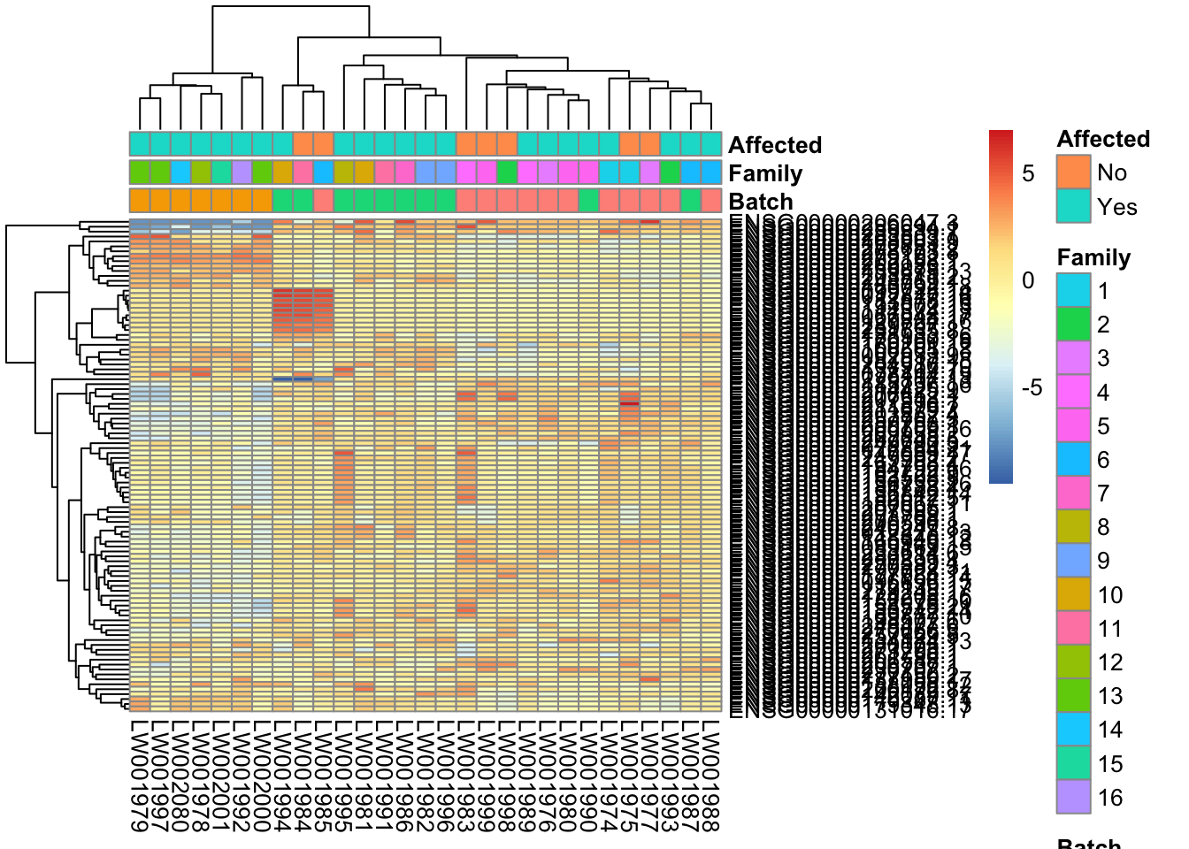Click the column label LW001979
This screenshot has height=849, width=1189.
click(x=140, y=776)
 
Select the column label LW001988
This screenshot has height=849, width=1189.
click(x=711, y=776)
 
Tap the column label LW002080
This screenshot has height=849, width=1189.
click(x=180, y=776)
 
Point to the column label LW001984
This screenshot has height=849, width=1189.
click(x=303, y=776)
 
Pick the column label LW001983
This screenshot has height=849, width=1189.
click(x=466, y=776)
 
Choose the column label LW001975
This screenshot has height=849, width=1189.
click(x=629, y=776)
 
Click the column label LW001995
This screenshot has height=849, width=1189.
click(x=344, y=776)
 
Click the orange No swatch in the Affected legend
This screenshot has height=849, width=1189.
click(x=1073, y=172)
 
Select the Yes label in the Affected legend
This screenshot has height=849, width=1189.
click(x=1116, y=207)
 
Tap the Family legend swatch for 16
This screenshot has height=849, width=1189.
click(x=1073, y=797)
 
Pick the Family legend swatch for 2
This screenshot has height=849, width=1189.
click(x=1073, y=325)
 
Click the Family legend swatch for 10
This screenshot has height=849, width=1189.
click(x=1073, y=594)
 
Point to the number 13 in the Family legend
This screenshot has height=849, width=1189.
click(x=1110, y=696)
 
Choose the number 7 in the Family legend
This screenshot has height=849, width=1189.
click(x=1103, y=493)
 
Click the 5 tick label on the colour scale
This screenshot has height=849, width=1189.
click(x=1028, y=173)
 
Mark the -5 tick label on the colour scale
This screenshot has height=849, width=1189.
click(x=1032, y=387)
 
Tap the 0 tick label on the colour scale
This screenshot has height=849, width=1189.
click(x=1028, y=280)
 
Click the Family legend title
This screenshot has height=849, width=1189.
click(x=1093, y=257)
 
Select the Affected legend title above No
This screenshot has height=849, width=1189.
click(x=1103, y=139)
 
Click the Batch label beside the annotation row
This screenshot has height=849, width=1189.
click(x=761, y=202)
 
